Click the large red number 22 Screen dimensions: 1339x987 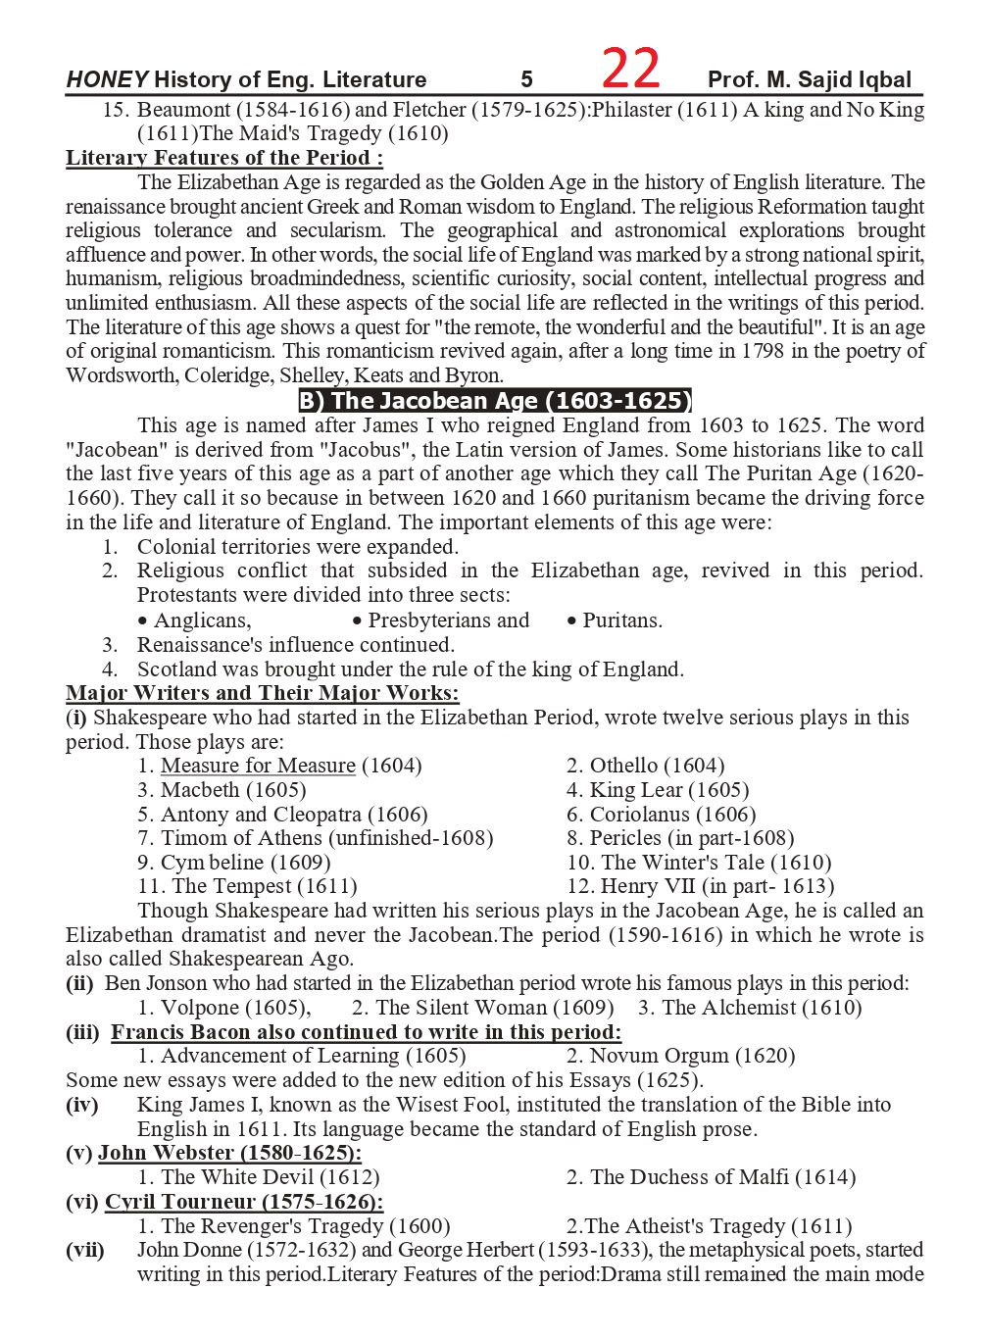pyautogui.click(x=630, y=70)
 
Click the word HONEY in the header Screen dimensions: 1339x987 pyautogui.click(x=107, y=80)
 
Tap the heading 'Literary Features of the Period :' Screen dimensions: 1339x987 pyautogui.click(x=224, y=158)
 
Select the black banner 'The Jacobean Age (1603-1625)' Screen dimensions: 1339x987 pyautogui.click(x=495, y=401)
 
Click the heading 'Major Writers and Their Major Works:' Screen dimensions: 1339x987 pyautogui.click(x=263, y=694)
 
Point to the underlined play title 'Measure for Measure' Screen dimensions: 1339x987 pyautogui.click(x=258, y=766)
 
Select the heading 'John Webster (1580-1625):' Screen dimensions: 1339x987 pyautogui.click(x=229, y=1153)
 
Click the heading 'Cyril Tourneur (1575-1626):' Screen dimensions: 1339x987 pyautogui.click(x=244, y=1202)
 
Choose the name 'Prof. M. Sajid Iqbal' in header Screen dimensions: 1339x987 pyautogui.click(x=810, y=80)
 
